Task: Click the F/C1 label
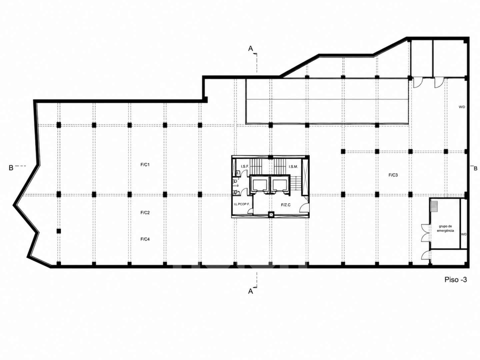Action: pos(145,165)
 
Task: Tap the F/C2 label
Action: pos(145,212)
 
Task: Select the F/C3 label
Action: pos(393,175)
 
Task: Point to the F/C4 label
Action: pos(145,239)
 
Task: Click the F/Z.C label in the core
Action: pos(286,205)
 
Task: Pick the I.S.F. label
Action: pos(245,167)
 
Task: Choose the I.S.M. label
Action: pos(293,167)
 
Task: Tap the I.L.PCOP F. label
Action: pos(242,204)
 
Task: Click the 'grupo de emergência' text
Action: pos(445,228)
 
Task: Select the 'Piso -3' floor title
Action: pos(456,280)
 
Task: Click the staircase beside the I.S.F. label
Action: pos(256,166)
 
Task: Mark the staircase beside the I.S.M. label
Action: pos(280,166)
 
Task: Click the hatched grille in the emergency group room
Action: pos(434,206)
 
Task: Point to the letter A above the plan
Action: pos(250,49)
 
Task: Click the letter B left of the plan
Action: pos(11,168)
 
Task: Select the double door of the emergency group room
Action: pos(426,233)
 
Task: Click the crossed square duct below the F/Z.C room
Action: pos(271,215)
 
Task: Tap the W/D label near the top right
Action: pos(462,107)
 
